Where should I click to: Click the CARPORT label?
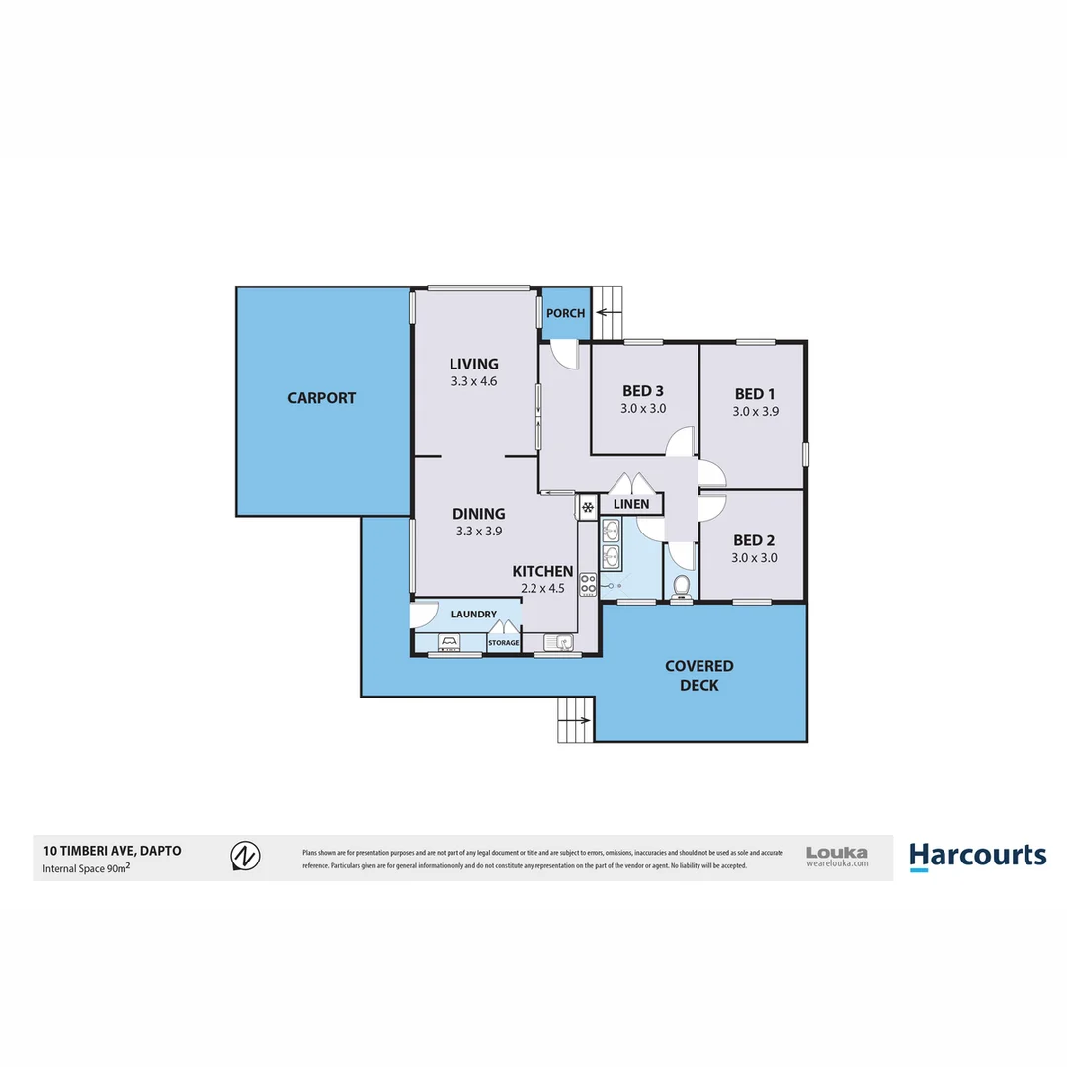(x=321, y=398)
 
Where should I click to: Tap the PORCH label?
(x=566, y=313)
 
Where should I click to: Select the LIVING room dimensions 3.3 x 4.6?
(x=473, y=380)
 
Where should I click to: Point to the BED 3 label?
(x=643, y=390)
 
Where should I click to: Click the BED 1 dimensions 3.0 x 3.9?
(x=756, y=412)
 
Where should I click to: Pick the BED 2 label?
(x=754, y=540)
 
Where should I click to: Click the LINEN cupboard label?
(x=631, y=505)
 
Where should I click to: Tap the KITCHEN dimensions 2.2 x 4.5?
(x=542, y=589)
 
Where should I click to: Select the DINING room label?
(x=479, y=513)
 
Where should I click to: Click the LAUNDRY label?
(x=474, y=615)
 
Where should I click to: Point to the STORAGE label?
(x=504, y=643)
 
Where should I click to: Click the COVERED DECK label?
(x=698, y=676)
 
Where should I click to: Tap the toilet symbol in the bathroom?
(x=680, y=587)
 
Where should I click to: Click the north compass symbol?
(x=245, y=856)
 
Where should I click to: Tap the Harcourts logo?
(x=976, y=856)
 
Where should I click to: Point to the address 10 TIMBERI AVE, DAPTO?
(x=112, y=850)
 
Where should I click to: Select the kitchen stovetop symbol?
(x=588, y=584)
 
